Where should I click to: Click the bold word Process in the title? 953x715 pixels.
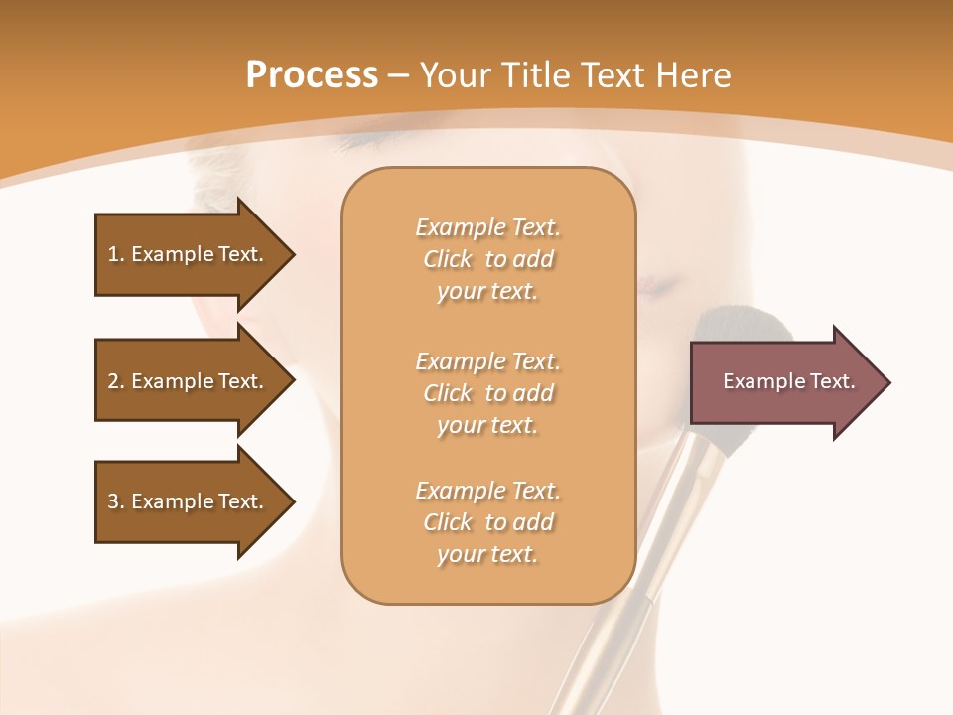[x=312, y=74]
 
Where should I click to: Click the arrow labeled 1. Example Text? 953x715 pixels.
[x=185, y=254]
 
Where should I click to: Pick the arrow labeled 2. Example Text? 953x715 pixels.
[x=185, y=381]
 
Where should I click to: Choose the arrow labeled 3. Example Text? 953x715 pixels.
[x=185, y=501]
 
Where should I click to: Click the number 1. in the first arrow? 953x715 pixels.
[x=116, y=254]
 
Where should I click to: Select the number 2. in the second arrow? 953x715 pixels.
[x=116, y=381]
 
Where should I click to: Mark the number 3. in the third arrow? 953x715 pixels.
[x=116, y=501]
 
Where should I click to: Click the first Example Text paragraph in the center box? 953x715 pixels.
[x=487, y=259]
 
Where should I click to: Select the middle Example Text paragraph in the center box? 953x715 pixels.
[x=487, y=393]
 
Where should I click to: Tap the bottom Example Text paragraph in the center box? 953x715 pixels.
[x=487, y=522]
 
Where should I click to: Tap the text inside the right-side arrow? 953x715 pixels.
[x=788, y=381]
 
